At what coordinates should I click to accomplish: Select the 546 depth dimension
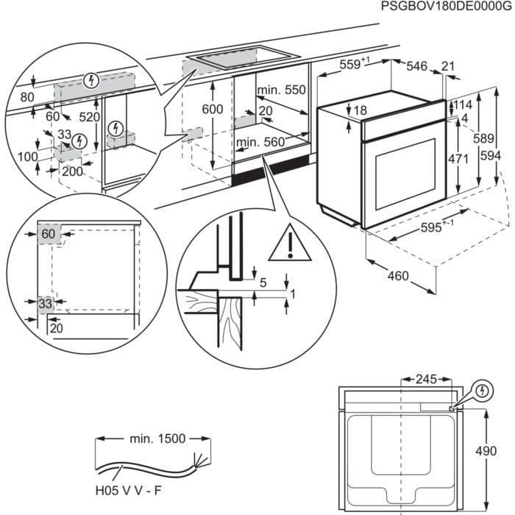416,66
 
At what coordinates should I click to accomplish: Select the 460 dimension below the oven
397,277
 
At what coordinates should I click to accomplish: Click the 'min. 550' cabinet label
280,90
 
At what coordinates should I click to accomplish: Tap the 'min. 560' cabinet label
258,142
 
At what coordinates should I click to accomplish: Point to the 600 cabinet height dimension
213,109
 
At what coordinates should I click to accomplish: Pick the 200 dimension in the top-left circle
71,171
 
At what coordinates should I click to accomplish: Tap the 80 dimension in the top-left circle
27,97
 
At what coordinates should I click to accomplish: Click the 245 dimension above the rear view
425,380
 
